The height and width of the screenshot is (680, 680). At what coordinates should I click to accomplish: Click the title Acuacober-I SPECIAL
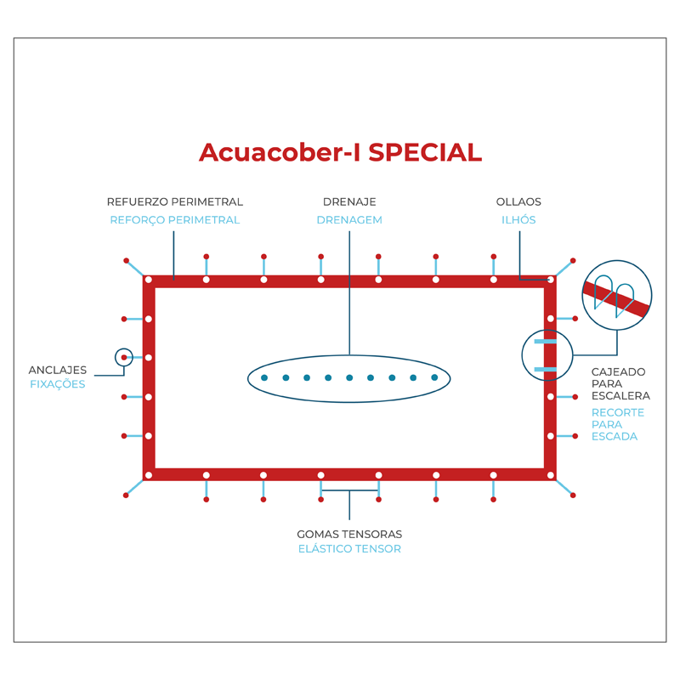point(340,152)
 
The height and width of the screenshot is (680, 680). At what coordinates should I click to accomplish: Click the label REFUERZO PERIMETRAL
point(175,202)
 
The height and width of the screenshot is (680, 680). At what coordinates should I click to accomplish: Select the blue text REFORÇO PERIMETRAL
point(175,220)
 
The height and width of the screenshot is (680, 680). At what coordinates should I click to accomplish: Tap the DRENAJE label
point(349,202)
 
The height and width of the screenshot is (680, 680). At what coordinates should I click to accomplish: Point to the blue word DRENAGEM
point(349,220)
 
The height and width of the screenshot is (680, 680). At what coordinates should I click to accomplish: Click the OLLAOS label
point(518,202)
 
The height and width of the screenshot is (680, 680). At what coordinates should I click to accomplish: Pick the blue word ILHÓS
point(518,220)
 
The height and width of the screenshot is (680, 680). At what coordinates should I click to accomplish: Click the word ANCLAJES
point(58,371)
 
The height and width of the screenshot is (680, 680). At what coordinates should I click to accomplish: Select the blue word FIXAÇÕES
point(58,384)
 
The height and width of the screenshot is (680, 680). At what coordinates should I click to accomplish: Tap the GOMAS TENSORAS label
point(349,535)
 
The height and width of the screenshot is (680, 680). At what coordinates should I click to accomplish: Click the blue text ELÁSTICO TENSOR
point(349,549)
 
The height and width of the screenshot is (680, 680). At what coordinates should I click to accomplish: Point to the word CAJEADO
point(618,372)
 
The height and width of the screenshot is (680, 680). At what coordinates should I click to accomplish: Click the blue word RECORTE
point(618,413)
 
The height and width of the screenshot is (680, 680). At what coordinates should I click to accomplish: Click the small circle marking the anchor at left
point(124,358)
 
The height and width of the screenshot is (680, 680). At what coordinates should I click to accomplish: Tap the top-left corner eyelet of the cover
point(149,280)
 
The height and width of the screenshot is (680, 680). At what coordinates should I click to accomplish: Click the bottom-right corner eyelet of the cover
point(551,475)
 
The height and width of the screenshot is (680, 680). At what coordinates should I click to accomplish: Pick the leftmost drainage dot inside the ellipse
point(264,377)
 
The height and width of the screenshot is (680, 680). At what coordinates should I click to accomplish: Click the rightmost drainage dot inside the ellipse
point(434,377)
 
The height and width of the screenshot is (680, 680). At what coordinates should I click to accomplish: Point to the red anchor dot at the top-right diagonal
point(573,260)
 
